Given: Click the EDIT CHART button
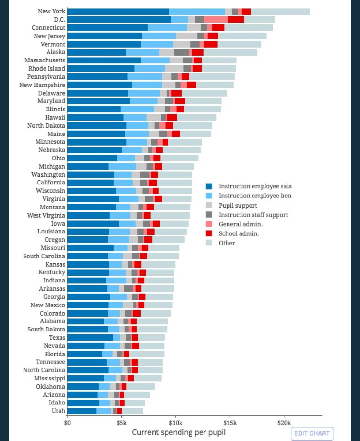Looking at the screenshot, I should coord(312,433).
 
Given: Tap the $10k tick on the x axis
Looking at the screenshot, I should coord(175,422).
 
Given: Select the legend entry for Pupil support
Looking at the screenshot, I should coord(238,205).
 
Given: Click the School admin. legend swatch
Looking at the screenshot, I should coord(209,233).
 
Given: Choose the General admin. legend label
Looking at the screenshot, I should coord(240,224).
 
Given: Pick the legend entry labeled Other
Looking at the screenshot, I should coord(227,243).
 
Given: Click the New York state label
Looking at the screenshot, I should coord(51,11).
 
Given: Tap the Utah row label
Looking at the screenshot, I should coord(58,411).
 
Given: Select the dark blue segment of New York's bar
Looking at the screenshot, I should coord(118,12).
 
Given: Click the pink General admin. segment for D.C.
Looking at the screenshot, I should coord(216,19).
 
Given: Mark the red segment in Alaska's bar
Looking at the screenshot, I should coord(197,52).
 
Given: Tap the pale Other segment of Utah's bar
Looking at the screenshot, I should coord(132,411).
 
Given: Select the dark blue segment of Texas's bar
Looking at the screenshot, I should coord(90,337).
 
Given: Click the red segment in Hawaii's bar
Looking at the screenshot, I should coord(171,117).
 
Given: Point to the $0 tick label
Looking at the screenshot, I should coord(67,422).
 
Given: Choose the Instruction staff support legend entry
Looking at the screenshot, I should coord(253,215).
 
